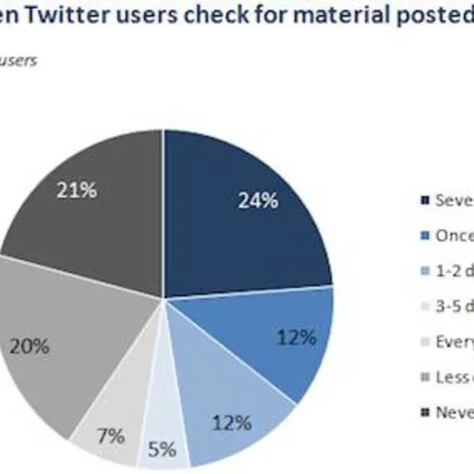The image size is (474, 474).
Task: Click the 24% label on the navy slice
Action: [257, 201]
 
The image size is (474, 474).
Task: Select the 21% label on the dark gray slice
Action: [77, 190]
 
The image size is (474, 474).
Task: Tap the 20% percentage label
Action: [30, 346]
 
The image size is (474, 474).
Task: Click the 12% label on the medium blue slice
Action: [297, 337]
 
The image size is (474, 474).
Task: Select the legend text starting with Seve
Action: [454, 200]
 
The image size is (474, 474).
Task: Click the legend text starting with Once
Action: [454, 236]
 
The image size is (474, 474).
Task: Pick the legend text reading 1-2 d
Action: [454, 271]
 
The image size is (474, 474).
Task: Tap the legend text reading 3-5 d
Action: [454, 307]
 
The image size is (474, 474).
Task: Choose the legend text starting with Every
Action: [454, 342]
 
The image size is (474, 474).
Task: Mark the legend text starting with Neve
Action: [454, 412]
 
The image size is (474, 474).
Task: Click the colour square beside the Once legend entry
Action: [424, 236]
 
